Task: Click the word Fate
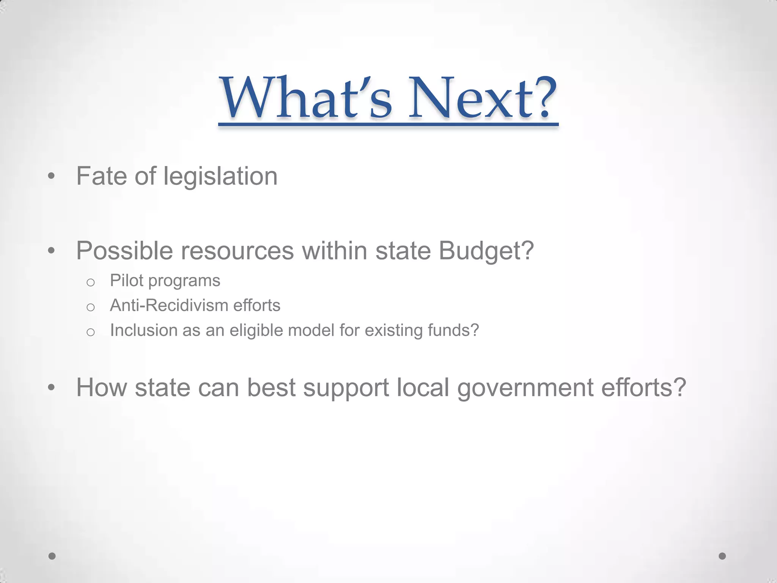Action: pyautogui.click(x=101, y=176)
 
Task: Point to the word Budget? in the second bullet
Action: pyautogui.click(x=486, y=251)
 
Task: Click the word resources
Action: pyautogui.click(x=237, y=251)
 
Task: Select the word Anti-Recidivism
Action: pyautogui.click(x=168, y=306)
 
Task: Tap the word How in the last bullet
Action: pyautogui.click(x=101, y=388)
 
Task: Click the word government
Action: pyautogui.click(x=525, y=388)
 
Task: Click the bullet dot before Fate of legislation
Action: pyautogui.click(x=52, y=176)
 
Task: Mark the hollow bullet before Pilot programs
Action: pyautogui.click(x=90, y=282)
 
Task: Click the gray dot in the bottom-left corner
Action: pyautogui.click(x=52, y=556)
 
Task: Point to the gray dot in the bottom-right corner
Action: pyautogui.click(x=722, y=556)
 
